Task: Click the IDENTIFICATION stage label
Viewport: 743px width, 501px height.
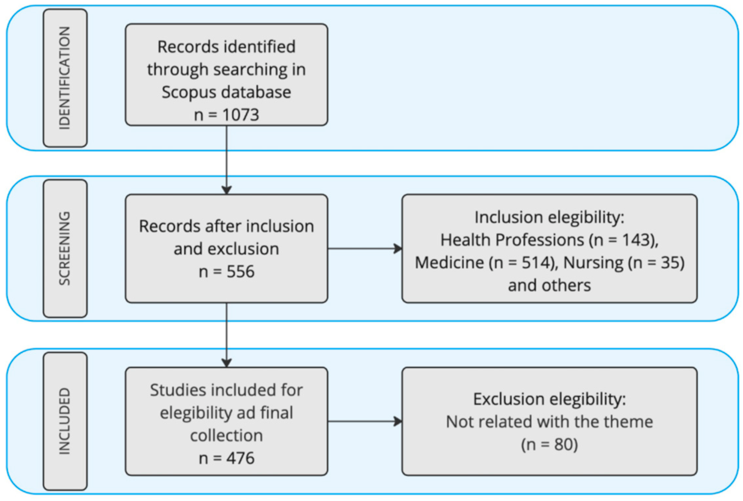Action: (65, 78)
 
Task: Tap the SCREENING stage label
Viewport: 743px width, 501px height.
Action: (65, 248)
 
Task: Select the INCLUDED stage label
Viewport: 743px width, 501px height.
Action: (65, 421)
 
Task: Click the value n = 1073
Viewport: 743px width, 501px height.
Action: (226, 115)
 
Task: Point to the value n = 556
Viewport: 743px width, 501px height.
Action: (226, 272)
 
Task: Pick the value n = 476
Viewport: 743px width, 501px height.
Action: (226, 458)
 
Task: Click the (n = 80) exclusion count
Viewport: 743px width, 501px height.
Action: (549, 444)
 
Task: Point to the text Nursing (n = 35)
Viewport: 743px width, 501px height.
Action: (624, 263)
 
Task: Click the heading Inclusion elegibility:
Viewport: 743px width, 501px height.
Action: (549, 217)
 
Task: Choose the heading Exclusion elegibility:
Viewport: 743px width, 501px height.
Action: (549, 399)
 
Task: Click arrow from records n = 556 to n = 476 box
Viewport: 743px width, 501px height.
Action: (226, 335)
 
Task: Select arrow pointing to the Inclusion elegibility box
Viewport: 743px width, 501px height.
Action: (365, 249)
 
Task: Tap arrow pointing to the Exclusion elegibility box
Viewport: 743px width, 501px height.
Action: (365, 421)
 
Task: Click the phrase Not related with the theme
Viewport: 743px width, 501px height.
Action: (549, 422)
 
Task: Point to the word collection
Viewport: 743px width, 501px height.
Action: (226, 436)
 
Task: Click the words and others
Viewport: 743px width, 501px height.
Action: (549, 285)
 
